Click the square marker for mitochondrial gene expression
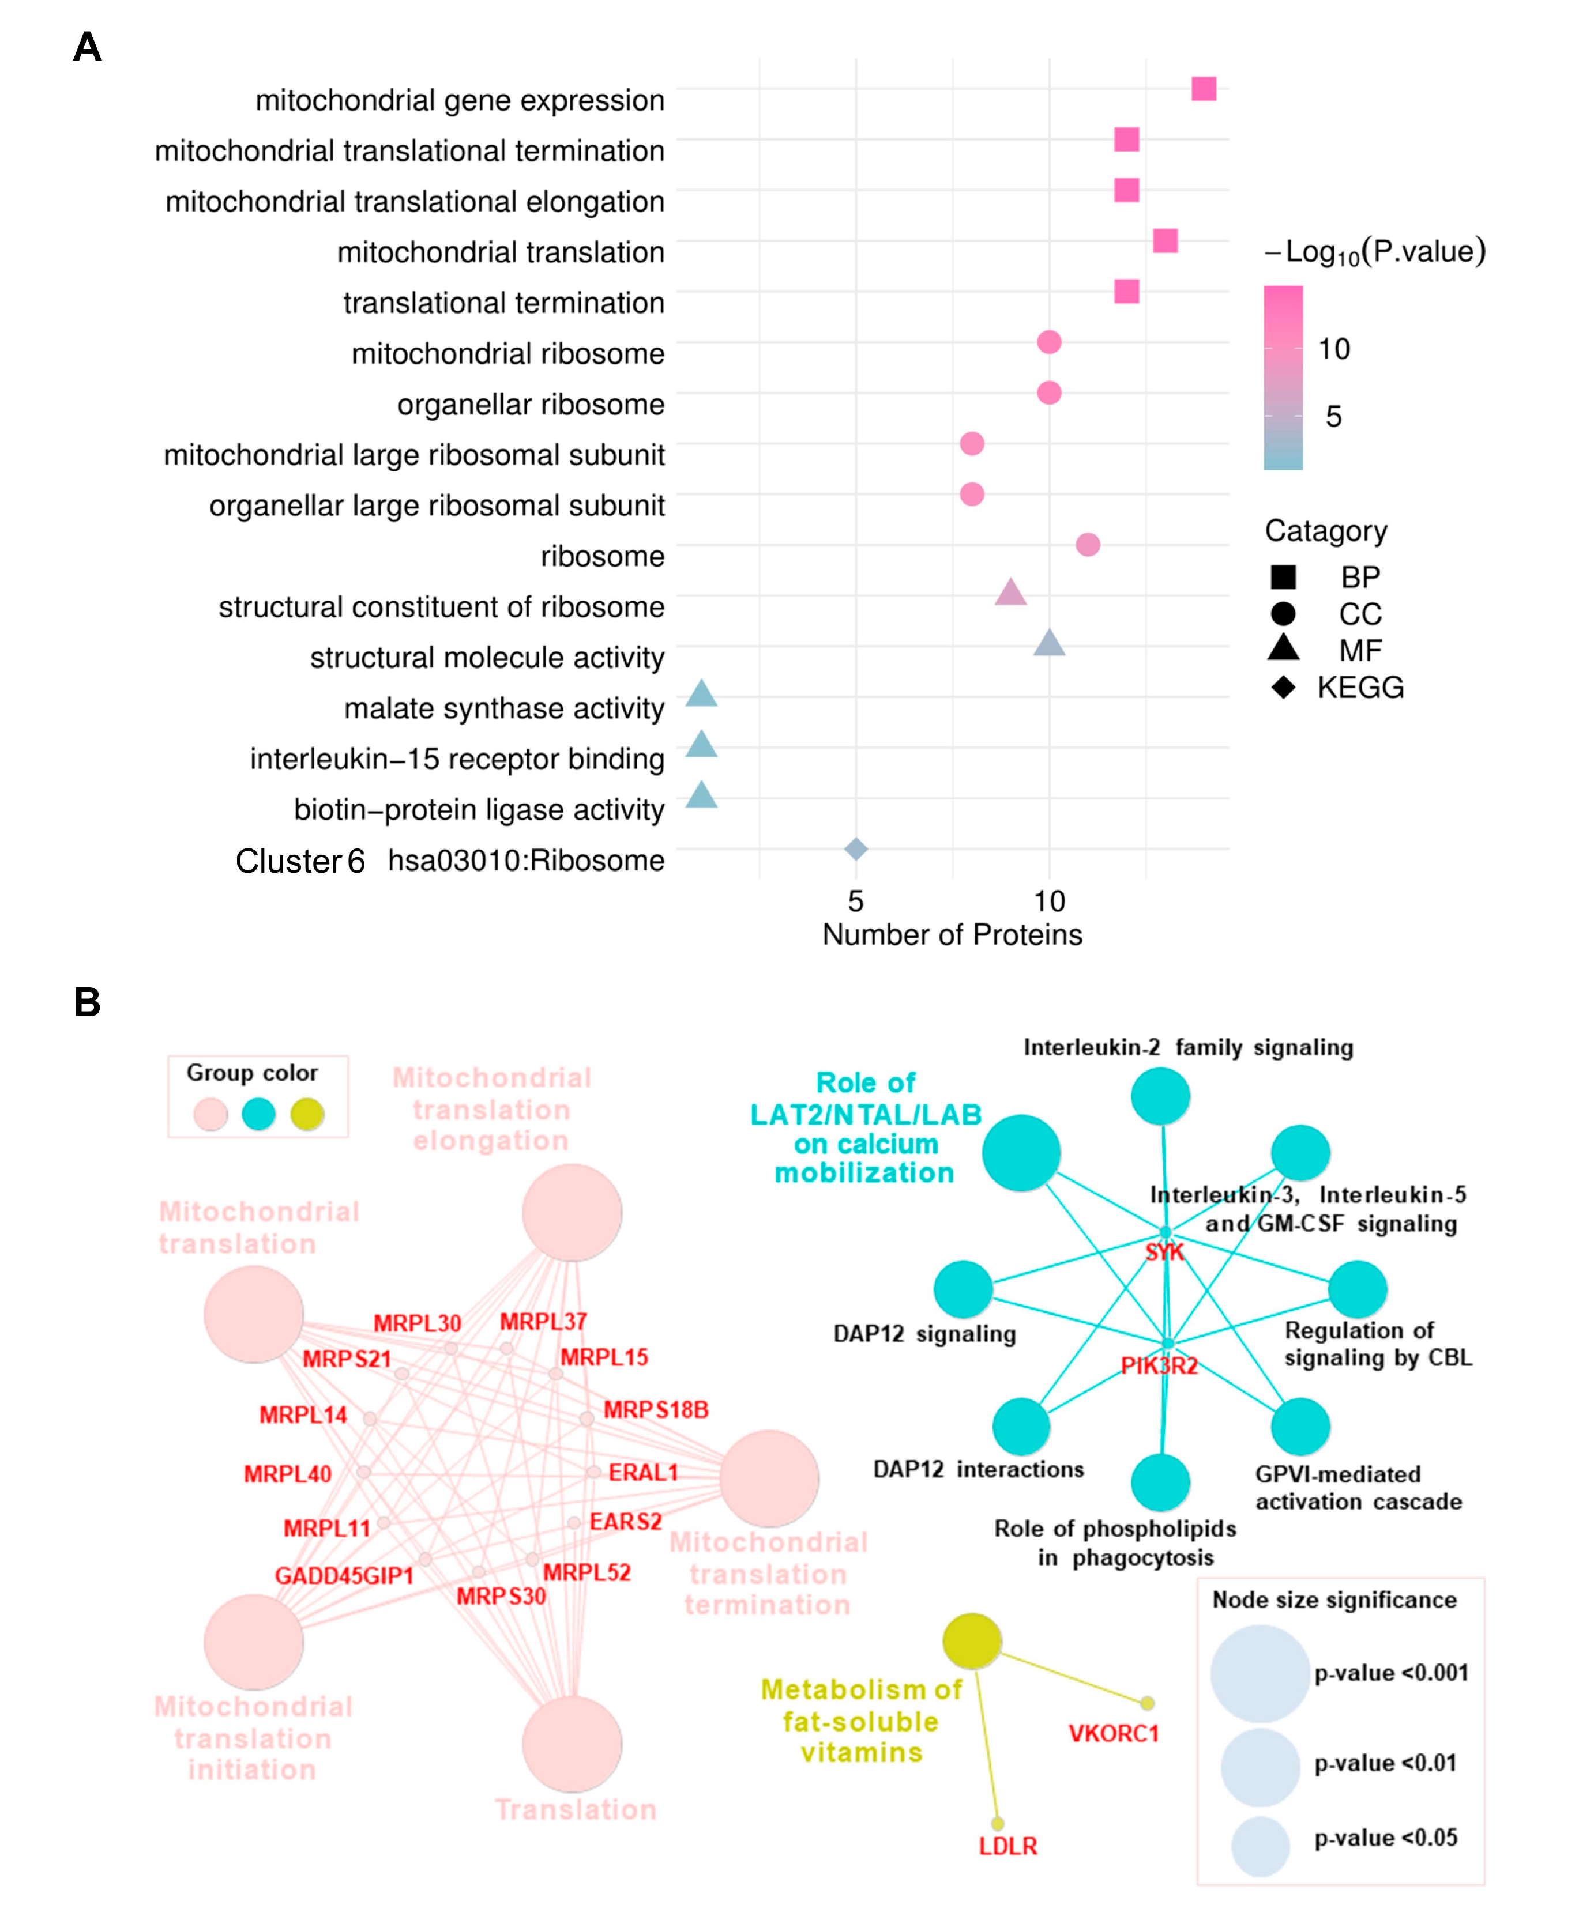click(x=1204, y=89)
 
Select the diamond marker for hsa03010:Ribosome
click(x=856, y=849)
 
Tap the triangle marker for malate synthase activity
click(x=701, y=696)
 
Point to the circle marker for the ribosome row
click(x=1088, y=545)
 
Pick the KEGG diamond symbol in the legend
click(x=1283, y=688)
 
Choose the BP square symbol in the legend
click(x=1283, y=577)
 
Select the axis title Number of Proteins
click(x=952, y=935)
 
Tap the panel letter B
click(x=87, y=1002)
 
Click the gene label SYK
click(x=1164, y=1253)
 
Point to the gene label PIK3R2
click(x=1159, y=1366)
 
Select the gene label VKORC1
click(x=1114, y=1734)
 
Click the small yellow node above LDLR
click(x=997, y=1823)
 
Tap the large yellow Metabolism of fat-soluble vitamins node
click(x=972, y=1640)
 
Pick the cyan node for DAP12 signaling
click(x=963, y=1289)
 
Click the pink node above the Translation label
click(x=572, y=1744)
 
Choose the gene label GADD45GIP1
click(x=344, y=1576)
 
